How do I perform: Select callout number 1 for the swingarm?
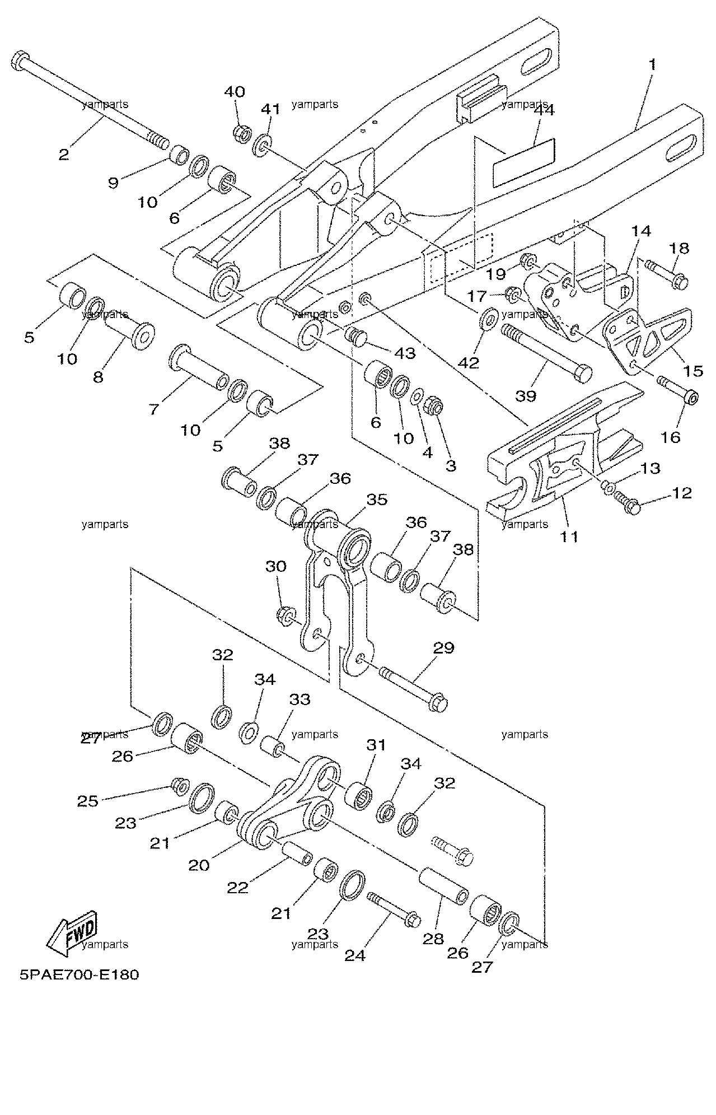click(652, 64)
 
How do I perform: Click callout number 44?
click(544, 110)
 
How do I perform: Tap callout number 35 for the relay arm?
click(376, 499)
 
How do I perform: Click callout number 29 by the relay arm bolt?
click(443, 648)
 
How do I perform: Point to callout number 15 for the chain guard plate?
click(693, 370)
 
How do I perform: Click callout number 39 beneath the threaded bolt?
click(525, 396)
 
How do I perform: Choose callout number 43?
click(404, 353)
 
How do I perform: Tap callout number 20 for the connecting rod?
click(199, 865)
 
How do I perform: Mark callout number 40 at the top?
click(235, 91)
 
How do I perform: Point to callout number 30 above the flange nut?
click(275, 566)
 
